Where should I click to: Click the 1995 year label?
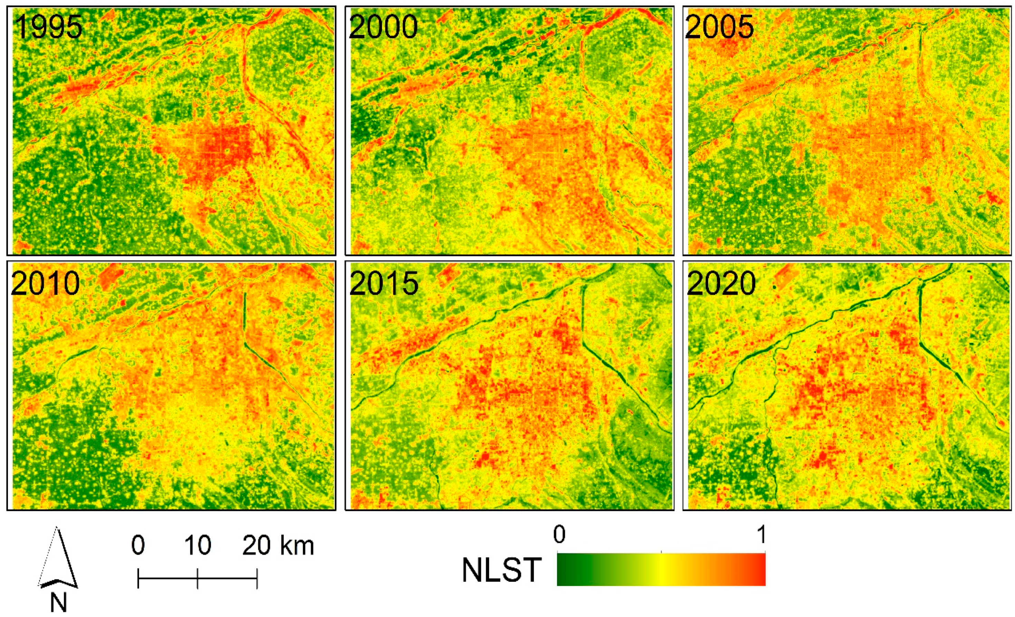click(x=49, y=28)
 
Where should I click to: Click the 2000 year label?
click(x=383, y=28)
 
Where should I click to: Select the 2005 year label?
click(x=719, y=28)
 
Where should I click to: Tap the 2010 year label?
click(x=45, y=284)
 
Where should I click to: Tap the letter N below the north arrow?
click(x=58, y=602)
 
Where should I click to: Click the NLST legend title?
click(x=501, y=571)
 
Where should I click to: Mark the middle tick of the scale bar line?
click(x=198, y=578)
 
